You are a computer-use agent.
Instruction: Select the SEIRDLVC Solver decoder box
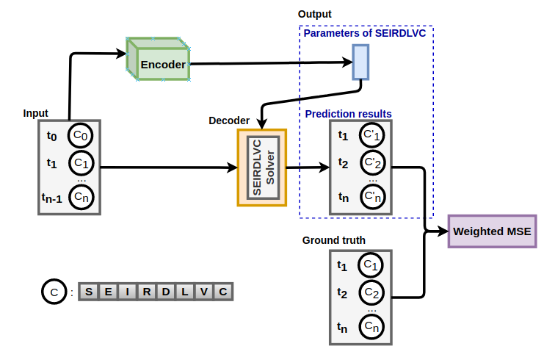tap(262, 168)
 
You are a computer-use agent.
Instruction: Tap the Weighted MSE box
tap(491, 231)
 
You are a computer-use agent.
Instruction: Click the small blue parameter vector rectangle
tap(360, 62)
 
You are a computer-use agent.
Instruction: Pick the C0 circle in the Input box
tap(81, 135)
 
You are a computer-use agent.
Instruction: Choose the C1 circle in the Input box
tap(81, 162)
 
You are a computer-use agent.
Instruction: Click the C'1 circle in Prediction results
tap(371, 135)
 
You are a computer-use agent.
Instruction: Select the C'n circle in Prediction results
tap(371, 197)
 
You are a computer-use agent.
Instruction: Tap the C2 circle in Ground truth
tap(370, 293)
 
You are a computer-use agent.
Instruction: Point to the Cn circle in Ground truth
tap(370, 325)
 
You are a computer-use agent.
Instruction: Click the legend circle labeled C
tap(54, 292)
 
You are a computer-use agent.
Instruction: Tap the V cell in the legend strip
tap(204, 292)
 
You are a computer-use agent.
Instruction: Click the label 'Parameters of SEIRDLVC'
tap(366, 33)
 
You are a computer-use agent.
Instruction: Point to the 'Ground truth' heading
tap(334, 240)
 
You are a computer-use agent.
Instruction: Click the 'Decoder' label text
tap(229, 120)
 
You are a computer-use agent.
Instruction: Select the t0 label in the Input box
tap(51, 135)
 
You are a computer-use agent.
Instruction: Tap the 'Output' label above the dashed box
tap(314, 14)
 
